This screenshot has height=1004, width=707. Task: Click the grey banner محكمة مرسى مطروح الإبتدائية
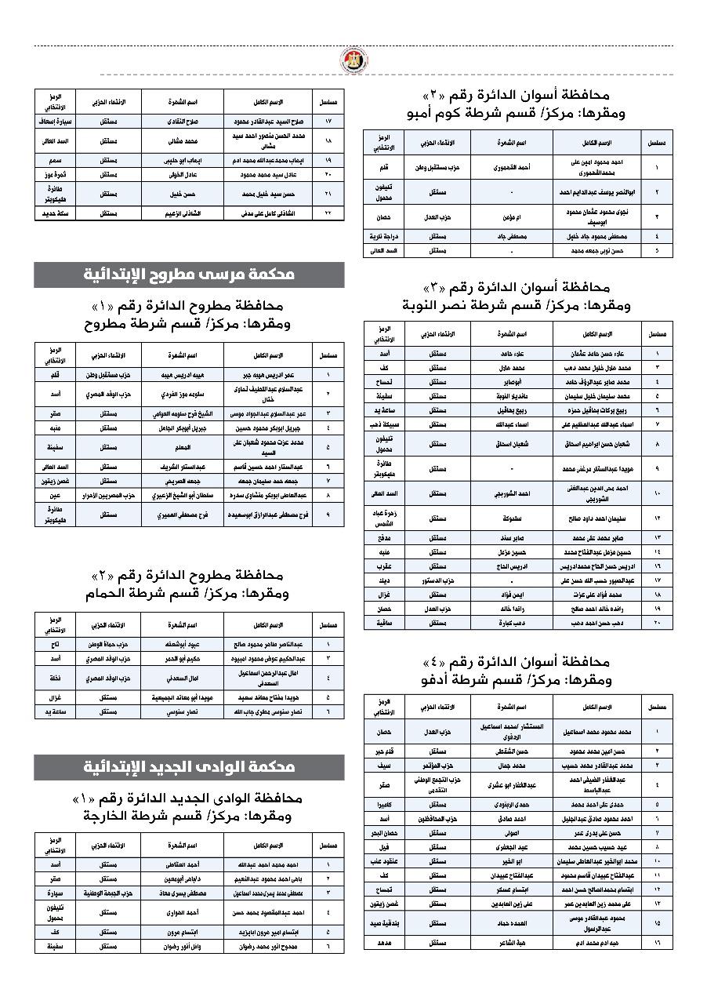189,275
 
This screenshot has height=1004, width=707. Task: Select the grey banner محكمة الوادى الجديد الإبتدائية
189,766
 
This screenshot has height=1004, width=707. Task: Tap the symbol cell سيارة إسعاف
58,122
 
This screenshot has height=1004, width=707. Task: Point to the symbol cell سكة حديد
58,213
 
